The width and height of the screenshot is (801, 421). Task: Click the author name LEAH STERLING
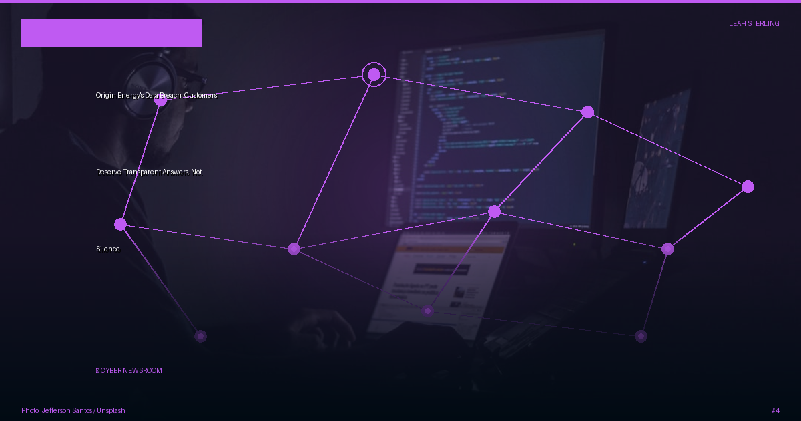tap(754, 23)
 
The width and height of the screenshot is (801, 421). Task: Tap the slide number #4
tap(776, 410)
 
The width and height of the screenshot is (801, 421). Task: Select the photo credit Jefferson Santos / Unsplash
tap(73, 410)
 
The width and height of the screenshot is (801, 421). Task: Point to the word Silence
tap(108, 249)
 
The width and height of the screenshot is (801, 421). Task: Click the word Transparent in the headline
tap(142, 172)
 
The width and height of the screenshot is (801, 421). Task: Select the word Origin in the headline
tap(105, 95)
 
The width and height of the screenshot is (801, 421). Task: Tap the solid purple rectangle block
tap(111, 33)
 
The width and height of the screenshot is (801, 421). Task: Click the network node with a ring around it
tap(374, 74)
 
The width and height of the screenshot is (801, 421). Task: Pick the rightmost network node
tap(748, 187)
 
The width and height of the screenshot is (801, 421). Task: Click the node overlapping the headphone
tap(161, 100)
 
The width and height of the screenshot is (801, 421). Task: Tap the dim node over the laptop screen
tap(427, 311)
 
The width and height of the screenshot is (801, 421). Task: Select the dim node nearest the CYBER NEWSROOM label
tap(201, 337)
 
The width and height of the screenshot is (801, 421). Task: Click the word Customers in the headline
tap(200, 95)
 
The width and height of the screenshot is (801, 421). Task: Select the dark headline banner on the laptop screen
tap(441, 269)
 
